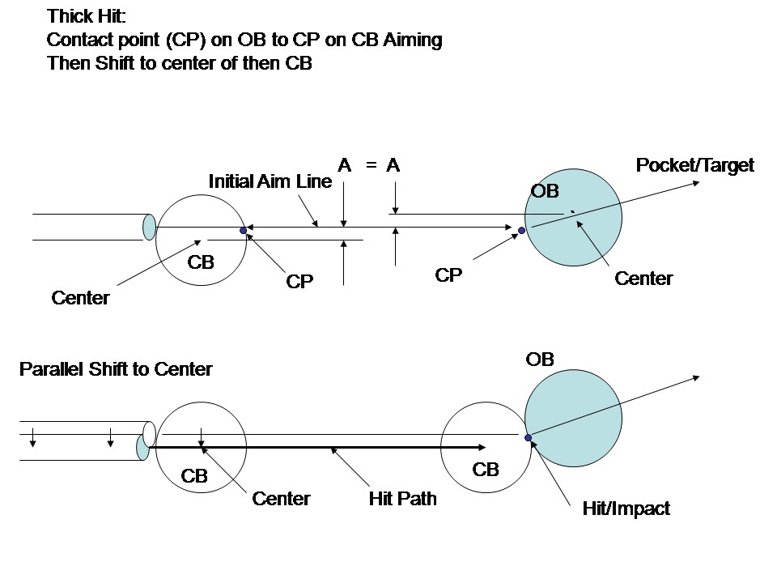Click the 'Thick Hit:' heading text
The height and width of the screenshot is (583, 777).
coord(87,15)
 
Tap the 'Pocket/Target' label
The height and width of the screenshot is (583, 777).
coord(694,166)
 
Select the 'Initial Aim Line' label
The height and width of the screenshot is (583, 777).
coord(270,181)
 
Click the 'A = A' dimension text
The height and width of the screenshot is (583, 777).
coord(369,166)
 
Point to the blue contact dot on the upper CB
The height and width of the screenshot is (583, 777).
coord(243,231)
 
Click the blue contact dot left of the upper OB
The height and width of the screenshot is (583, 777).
coord(522,231)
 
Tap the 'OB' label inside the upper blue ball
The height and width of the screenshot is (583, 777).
coord(545,192)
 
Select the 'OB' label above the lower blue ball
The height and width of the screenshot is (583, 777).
coord(540,360)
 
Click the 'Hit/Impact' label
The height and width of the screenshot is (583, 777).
coord(626,509)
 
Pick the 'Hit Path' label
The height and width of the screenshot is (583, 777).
coord(402,499)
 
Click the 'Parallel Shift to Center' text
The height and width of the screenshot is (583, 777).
coord(116,370)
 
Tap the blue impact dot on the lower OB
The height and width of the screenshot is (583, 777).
coord(529,438)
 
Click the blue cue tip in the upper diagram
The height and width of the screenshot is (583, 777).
coord(149,228)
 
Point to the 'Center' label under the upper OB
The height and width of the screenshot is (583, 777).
coord(643,279)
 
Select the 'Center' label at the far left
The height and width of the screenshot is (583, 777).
coord(80,298)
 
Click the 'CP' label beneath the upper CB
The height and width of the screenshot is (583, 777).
coord(299,282)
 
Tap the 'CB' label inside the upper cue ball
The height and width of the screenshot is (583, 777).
coord(201,262)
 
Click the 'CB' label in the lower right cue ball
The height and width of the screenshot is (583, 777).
coord(486,470)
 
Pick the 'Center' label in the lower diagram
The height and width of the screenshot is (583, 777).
coord(281,499)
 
